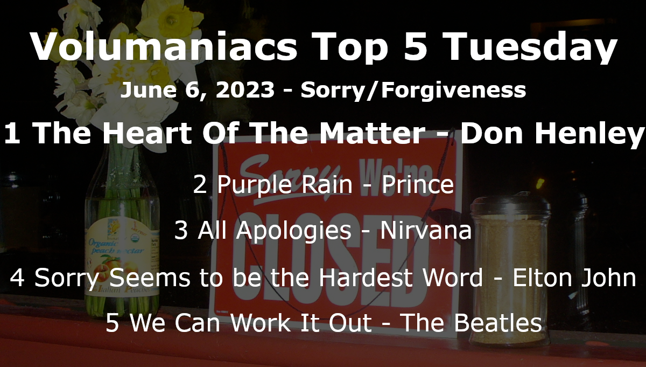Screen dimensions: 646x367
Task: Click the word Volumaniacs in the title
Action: [x=163, y=46]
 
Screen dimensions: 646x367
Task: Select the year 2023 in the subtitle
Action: [x=245, y=89]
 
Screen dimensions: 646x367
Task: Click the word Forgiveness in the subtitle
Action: [x=454, y=91]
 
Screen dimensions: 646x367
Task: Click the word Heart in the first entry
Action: [x=147, y=133]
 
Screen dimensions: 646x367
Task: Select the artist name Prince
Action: [x=418, y=184]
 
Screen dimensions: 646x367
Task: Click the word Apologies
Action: [x=275, y=231]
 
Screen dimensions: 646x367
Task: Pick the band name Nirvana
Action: [x=426, y=231]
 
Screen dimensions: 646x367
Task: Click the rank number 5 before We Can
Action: [x=112, y=323]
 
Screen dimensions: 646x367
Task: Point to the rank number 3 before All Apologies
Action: [x=181, y=231]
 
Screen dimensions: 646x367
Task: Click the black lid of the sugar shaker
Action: [x=510, y=205]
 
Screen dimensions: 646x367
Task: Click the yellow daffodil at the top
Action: [x=170, y=20]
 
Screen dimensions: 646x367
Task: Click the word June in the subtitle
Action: [x=148, y=89]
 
